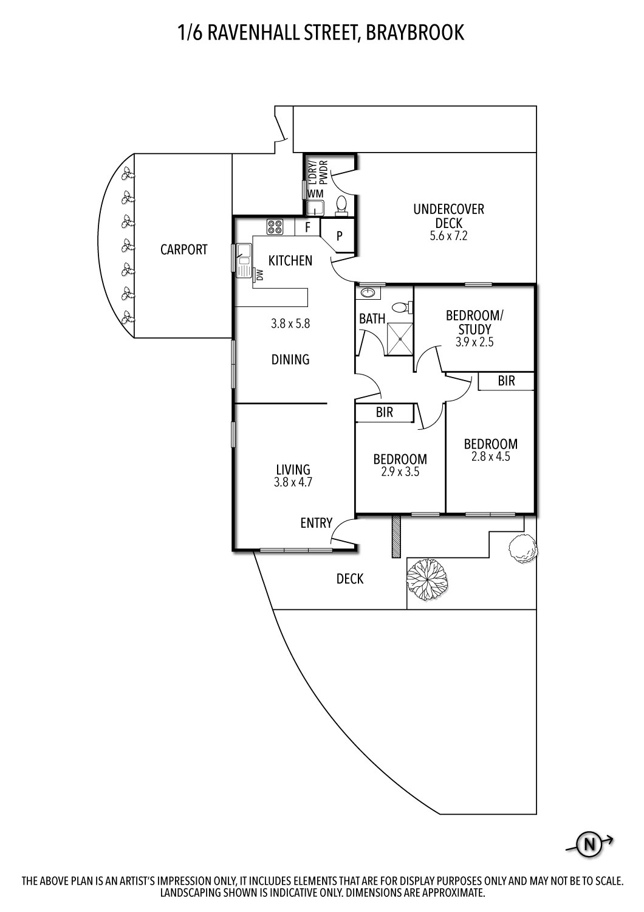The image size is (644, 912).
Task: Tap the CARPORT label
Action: point(183,249)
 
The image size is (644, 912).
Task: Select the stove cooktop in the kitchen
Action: point(275,227)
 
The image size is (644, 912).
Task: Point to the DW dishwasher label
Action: point(259,275)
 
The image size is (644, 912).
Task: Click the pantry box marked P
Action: point(340,236)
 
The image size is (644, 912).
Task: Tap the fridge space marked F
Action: point(307,227)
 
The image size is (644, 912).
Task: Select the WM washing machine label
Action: point(315,193)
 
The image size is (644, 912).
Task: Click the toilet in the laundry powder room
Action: point(341,204)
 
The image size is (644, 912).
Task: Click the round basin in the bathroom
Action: point(368,293)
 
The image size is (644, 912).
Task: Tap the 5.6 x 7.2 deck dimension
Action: point(448,237)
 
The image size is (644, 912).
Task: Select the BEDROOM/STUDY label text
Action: point(474,322)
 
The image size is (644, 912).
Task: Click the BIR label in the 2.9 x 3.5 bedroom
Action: point(384,412)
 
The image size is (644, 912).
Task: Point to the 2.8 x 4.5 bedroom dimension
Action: point(490,457)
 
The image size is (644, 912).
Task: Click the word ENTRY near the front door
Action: point(316,523)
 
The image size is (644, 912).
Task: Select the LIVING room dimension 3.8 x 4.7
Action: point(293,483)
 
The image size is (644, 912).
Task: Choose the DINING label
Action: point(290,359)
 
